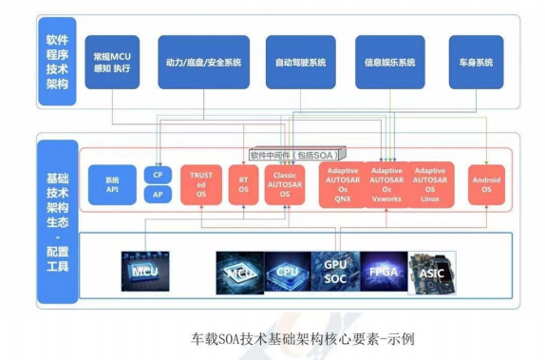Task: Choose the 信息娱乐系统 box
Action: [390, 63]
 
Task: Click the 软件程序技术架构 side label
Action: [58, 63]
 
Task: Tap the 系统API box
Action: [113, 183]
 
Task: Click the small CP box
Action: [158, 175]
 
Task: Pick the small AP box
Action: [158, 195]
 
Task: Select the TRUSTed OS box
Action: [200, 183]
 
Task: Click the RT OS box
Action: [244, 183]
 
